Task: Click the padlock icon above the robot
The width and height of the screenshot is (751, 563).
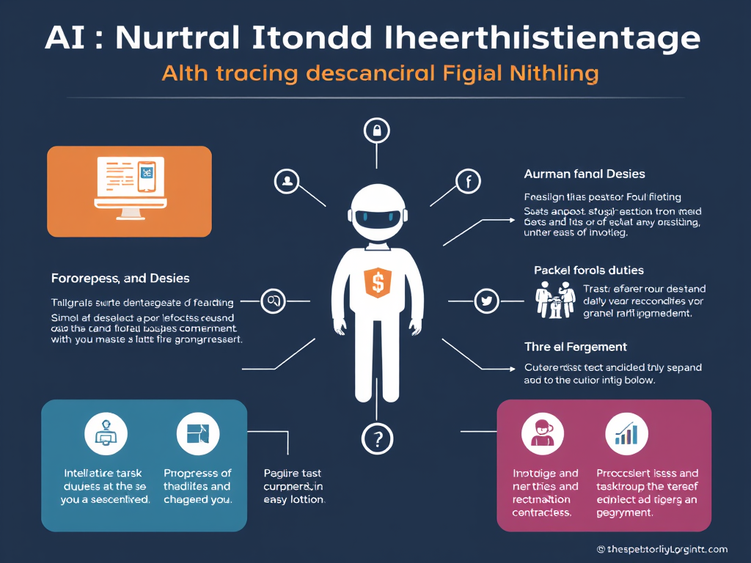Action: click(376, 131)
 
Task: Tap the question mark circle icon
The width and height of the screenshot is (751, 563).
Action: click(377, 439)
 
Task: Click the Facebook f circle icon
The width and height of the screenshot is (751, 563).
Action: click(467, 181)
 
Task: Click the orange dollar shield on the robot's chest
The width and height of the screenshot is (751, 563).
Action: click(378, 283)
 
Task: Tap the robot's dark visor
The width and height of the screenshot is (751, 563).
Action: click(377, 216)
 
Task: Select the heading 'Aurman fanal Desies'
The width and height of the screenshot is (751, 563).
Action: click(585, 174)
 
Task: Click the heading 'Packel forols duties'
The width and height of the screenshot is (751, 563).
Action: click(589, 271)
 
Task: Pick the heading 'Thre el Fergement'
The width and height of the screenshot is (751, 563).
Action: click(575, 346)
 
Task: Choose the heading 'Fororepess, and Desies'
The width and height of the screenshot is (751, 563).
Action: click(120, 279)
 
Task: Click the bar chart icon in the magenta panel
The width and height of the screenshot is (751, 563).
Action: click(626, 434)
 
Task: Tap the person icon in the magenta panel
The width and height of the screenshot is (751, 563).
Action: click(543, 434)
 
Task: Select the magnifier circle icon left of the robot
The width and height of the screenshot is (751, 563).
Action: click(274, 301)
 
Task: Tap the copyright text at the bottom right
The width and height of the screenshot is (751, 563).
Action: click(661, 549)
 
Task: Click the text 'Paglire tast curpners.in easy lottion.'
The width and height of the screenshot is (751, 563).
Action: click(293, 486)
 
